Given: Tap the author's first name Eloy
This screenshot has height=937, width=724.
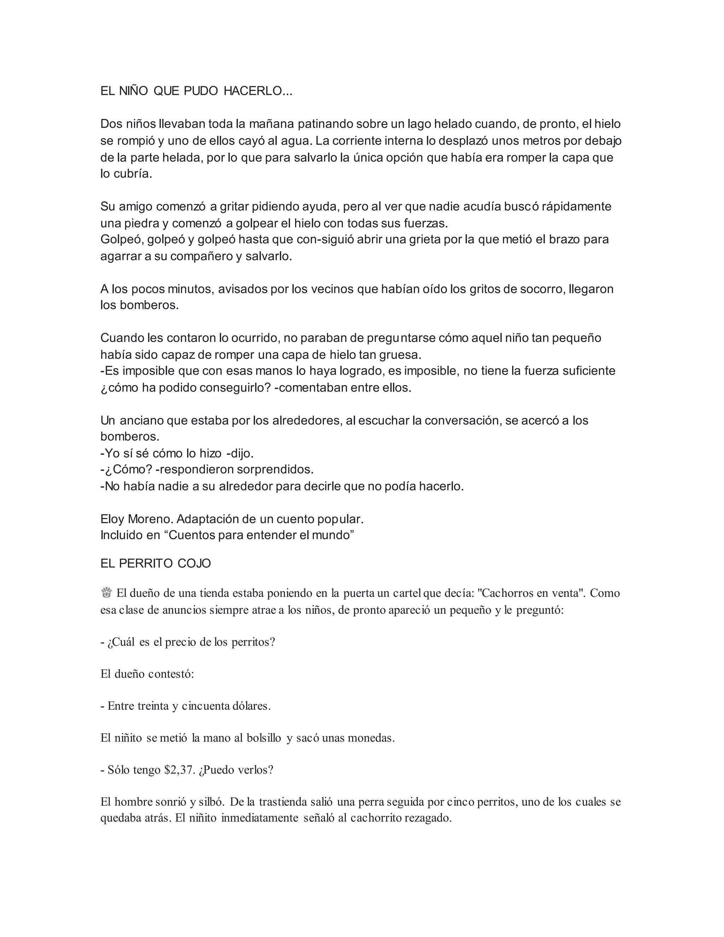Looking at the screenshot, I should (112, 519).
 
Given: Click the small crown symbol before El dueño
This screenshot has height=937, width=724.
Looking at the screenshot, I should (106, 593).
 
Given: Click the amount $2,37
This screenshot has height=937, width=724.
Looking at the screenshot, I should (180, 770).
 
